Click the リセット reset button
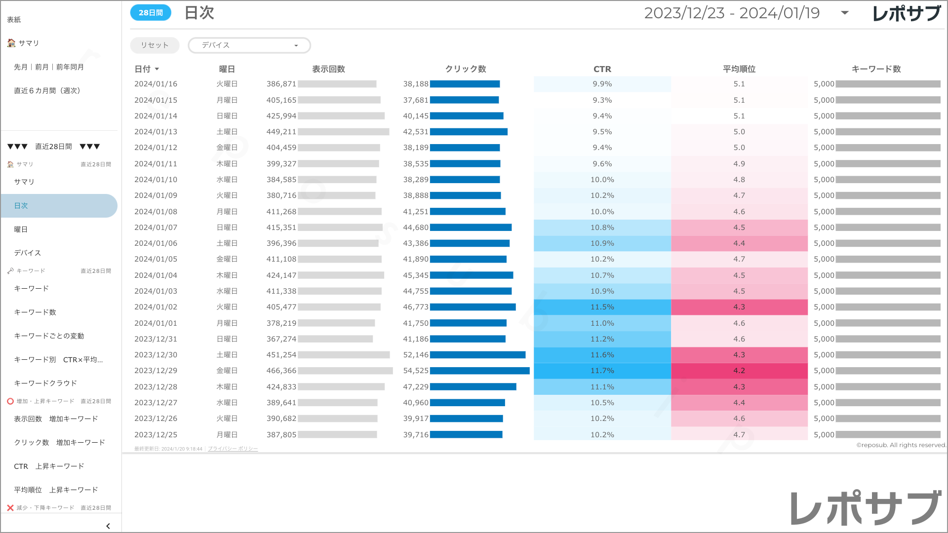(x=155, y=45)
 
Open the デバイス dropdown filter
(x=249, y=45)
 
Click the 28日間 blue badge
(x=151, y=13)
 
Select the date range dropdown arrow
(x=845, y=13)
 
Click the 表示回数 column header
(x=328, y=69)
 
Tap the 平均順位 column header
(x=739, y=69)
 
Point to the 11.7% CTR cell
(x=602, y=371)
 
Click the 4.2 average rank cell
(x=739, y=371)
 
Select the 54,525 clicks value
(x=416, y=371)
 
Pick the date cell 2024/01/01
(x=156, y=323)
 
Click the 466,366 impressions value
(x=281, y=371)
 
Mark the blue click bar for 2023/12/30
(x=477, y=355)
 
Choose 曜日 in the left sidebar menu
(x=21, y=229)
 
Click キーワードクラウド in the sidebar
(x=45, y=383)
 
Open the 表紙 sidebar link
(x=14, y=20)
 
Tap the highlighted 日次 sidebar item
(x=21, y=206)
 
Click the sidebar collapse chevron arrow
(x=108, y=526)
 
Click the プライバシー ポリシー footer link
(x=233, y=449)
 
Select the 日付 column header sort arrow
(x=157, y=70)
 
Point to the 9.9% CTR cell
(x=602, y=84)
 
